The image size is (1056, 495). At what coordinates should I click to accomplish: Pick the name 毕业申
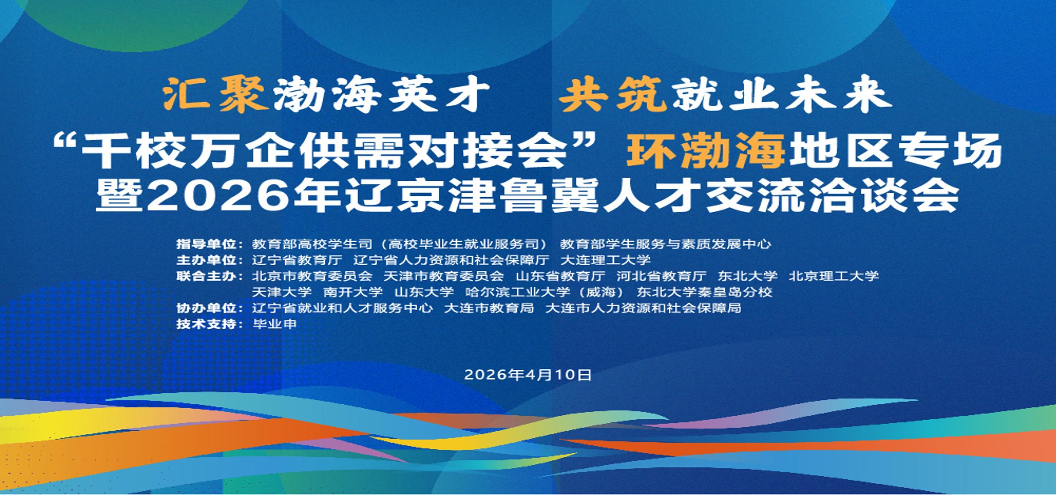[274, 324]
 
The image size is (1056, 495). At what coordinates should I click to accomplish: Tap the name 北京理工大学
[834, 275]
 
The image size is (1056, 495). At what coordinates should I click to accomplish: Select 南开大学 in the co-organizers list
[353, 292]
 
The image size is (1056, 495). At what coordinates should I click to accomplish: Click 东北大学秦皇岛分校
[704, 292]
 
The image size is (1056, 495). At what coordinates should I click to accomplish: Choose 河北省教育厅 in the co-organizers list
[661, 275]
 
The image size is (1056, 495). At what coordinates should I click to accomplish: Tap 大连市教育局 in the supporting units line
[489, 308]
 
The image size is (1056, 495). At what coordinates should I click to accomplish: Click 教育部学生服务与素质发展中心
[666, 244]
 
